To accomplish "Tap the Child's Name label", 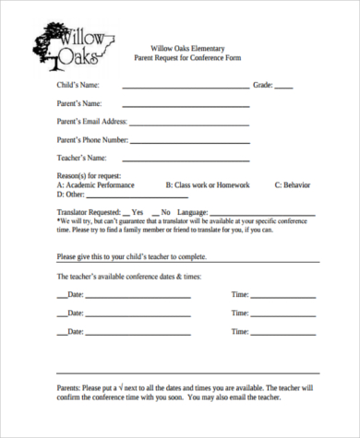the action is click(x=79, y=85).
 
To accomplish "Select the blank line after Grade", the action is click(x=284, y=89).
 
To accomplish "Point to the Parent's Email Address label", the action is click(x=91, y=121).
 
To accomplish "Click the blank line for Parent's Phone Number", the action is click(x=190, y=143).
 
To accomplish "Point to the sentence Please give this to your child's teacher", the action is click(x=132, y=256).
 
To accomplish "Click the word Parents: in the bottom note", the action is click(x=69, y=389).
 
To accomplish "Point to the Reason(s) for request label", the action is click(x=89, y=174).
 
